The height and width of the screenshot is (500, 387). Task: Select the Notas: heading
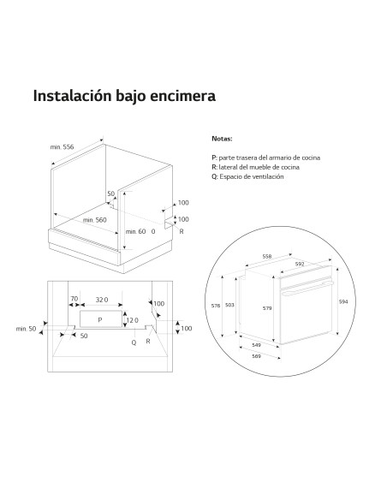coord(222,139)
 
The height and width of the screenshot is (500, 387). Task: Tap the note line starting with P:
coord(266,158)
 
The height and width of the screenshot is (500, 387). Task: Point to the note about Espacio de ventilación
coord(247,176)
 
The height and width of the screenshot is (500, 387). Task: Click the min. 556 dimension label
coord(62,147)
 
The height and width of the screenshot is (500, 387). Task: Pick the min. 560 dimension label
coord(95,220)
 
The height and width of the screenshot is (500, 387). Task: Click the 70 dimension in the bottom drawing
coord(74,299)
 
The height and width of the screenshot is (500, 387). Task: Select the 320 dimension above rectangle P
coord(102,300)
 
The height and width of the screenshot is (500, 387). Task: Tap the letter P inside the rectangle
coord(100,320)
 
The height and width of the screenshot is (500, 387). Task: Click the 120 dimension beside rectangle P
coord(133,320)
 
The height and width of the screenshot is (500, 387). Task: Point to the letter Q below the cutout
coord(134,342)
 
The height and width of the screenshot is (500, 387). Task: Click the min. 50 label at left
coord(26,329)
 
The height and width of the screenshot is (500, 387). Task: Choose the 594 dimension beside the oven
coord(343,301)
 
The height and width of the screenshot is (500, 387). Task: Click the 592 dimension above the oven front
coord(300,264)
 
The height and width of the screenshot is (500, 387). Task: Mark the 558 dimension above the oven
coord(267,256)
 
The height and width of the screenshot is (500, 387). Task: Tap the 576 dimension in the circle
coord(216,306)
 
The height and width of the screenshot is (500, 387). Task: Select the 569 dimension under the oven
coord(256,356)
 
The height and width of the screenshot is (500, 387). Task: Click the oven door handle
coord(307,288)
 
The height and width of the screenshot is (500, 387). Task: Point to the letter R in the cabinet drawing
coord(182,231)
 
